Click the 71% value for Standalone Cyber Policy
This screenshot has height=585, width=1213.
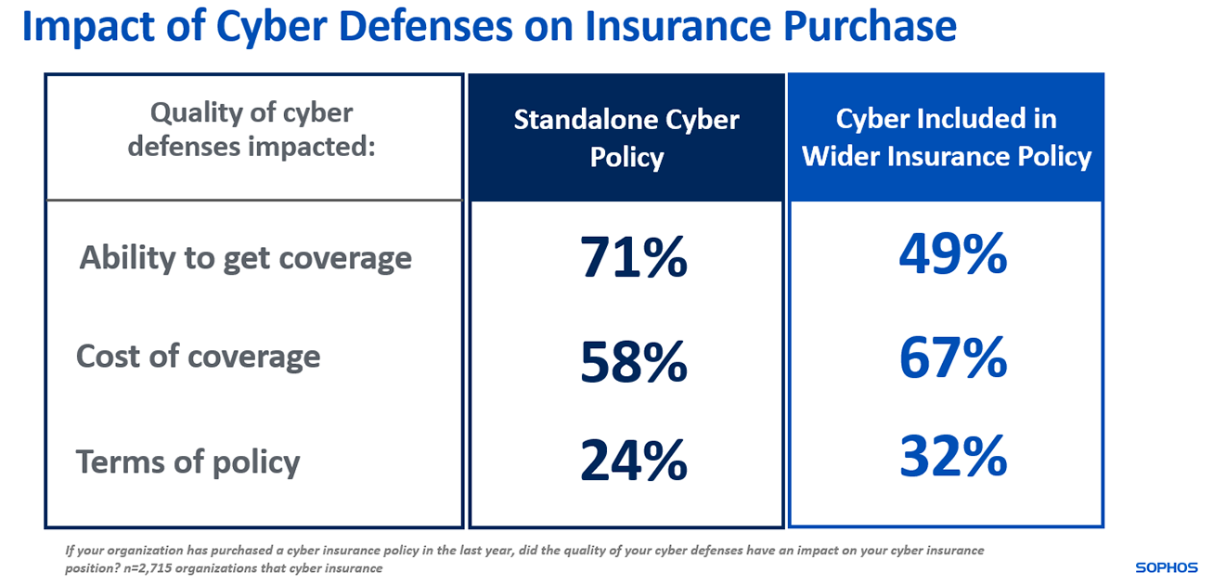[634, 257]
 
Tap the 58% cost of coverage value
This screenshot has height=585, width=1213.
[634, 363]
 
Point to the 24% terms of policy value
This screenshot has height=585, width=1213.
[634, 461]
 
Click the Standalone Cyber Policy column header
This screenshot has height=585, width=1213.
[626, 137]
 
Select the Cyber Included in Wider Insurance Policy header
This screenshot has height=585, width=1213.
[946, 137]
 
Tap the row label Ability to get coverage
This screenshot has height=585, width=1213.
[245, 257]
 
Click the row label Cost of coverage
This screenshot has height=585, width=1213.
[198, 357]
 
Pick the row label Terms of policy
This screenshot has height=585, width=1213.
[187, 461]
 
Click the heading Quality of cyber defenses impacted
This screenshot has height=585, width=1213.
[252, 130]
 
